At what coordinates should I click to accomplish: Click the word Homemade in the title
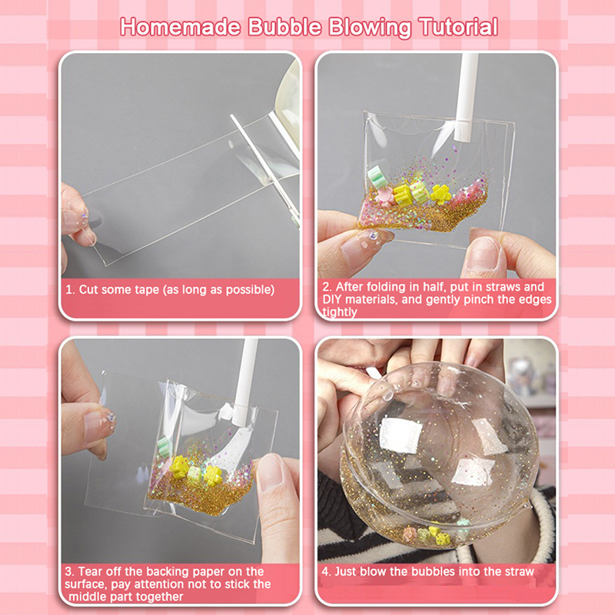pos(181,27)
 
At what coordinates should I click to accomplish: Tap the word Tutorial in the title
pos(458,27)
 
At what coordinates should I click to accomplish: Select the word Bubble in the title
pos(285,27)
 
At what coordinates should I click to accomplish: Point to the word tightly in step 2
pos(340,312)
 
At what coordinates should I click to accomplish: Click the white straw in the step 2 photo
pos(467,98)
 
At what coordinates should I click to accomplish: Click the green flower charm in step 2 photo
pos(377,176)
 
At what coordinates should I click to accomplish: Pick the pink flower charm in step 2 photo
pos(384,197)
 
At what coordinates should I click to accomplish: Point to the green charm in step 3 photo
pos(164,447)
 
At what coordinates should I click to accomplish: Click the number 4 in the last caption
pos(325,571)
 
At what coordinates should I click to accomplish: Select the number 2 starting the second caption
pos(326,287)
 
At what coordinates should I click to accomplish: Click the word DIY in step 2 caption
pos(332,299)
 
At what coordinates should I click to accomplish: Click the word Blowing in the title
pos(370,28)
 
